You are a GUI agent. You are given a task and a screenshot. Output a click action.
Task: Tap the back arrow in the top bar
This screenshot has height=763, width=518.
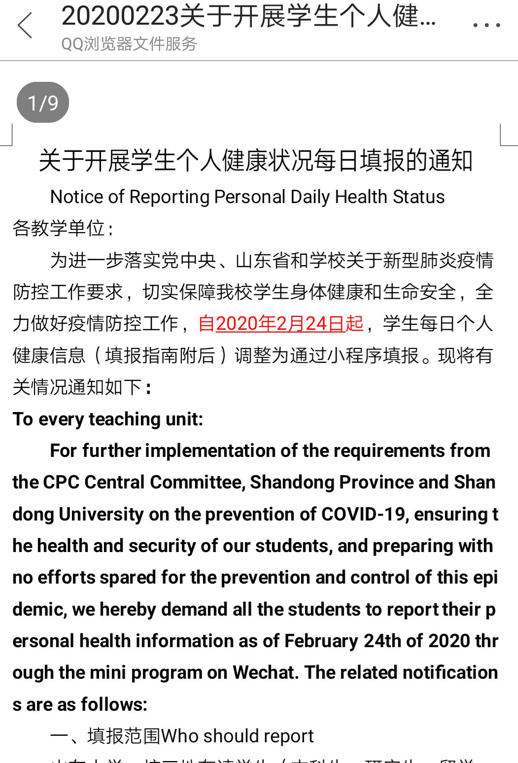25,25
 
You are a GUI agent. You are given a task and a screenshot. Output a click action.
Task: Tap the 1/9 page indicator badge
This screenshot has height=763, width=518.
43,103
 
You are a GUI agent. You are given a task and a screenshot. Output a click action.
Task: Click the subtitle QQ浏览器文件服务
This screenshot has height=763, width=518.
129,44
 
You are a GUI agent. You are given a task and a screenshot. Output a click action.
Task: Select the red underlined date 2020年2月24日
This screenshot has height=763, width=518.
280,323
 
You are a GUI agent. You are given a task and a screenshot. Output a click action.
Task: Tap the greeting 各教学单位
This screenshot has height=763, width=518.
59,228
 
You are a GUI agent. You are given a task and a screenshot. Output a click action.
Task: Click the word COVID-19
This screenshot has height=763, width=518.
363,514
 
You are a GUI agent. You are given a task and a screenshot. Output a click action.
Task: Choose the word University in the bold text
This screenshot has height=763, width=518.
101,514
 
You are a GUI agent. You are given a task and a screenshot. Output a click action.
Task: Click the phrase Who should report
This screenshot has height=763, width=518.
237,736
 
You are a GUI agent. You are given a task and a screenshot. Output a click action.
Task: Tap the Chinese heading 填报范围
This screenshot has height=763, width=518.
124,736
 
